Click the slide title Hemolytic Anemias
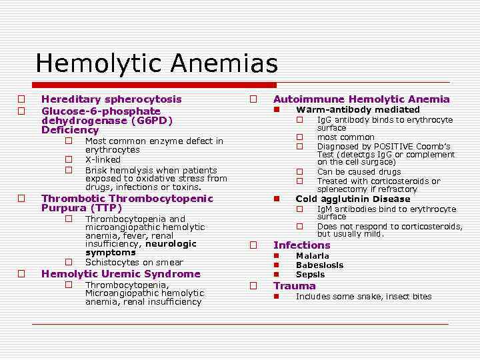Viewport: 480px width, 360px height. [x=156, y=64]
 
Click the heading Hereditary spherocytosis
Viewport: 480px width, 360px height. [x=111, y=99]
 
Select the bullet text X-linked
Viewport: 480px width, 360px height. [x=103, y=160]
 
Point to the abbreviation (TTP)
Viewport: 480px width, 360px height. [x=105, y=208]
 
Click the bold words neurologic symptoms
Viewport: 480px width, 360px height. [x=141, y=248]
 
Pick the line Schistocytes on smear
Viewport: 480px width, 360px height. [x=134, y=263]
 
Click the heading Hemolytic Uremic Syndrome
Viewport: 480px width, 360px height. [x=121, y=274]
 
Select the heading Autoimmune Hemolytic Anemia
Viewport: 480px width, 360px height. [x=361, y=99]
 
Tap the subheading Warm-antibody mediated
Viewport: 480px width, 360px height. [x=357, y=110]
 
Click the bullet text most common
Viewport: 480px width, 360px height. [x=345, y=137]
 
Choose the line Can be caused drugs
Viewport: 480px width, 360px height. [x=359, y=172]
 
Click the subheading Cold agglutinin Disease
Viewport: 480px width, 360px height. [x=353, y=199]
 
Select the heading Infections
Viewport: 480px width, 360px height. [x=301, y=245]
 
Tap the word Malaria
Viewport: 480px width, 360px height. [x=312, y=256]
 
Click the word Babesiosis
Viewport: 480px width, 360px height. [x=319, y=265]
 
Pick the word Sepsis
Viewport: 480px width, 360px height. [x=310, y=275]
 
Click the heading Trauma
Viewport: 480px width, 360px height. [x=294, y=286]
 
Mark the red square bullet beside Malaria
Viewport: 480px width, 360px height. [x=276, y=256]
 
